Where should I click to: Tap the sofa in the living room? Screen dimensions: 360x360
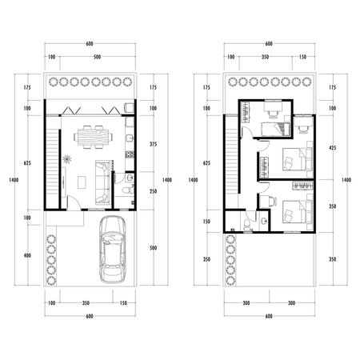tap(102, 181)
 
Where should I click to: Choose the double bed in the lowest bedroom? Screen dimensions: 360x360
tap(292, 213)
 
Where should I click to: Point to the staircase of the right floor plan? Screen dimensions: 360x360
tap(234, 156)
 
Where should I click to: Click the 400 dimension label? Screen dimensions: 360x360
tap(28, 255)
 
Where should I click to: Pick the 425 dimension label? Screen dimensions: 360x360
tap(334, 149)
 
